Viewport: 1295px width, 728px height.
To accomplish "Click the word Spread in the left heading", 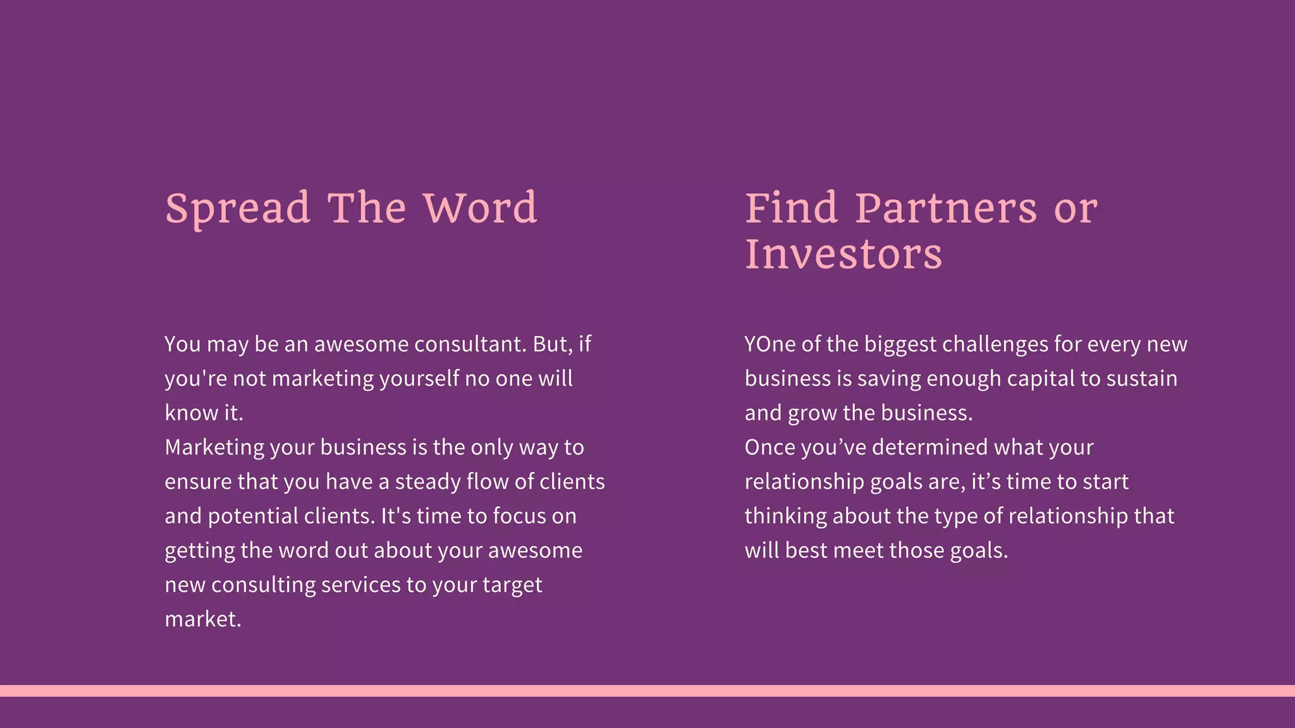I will click(237, 209).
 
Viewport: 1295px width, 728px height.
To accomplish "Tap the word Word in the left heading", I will click(480, 209).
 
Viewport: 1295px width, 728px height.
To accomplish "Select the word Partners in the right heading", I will click(946, 209).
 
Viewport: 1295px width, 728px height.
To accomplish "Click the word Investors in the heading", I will click(844, 255).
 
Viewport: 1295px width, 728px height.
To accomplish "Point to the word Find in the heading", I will click(791, 209).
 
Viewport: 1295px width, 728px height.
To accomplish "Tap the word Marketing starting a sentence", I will click(214, 447).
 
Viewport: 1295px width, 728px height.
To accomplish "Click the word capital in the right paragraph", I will click(1040, 379).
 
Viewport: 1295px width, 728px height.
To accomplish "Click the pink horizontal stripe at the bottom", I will click(647, 691).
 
